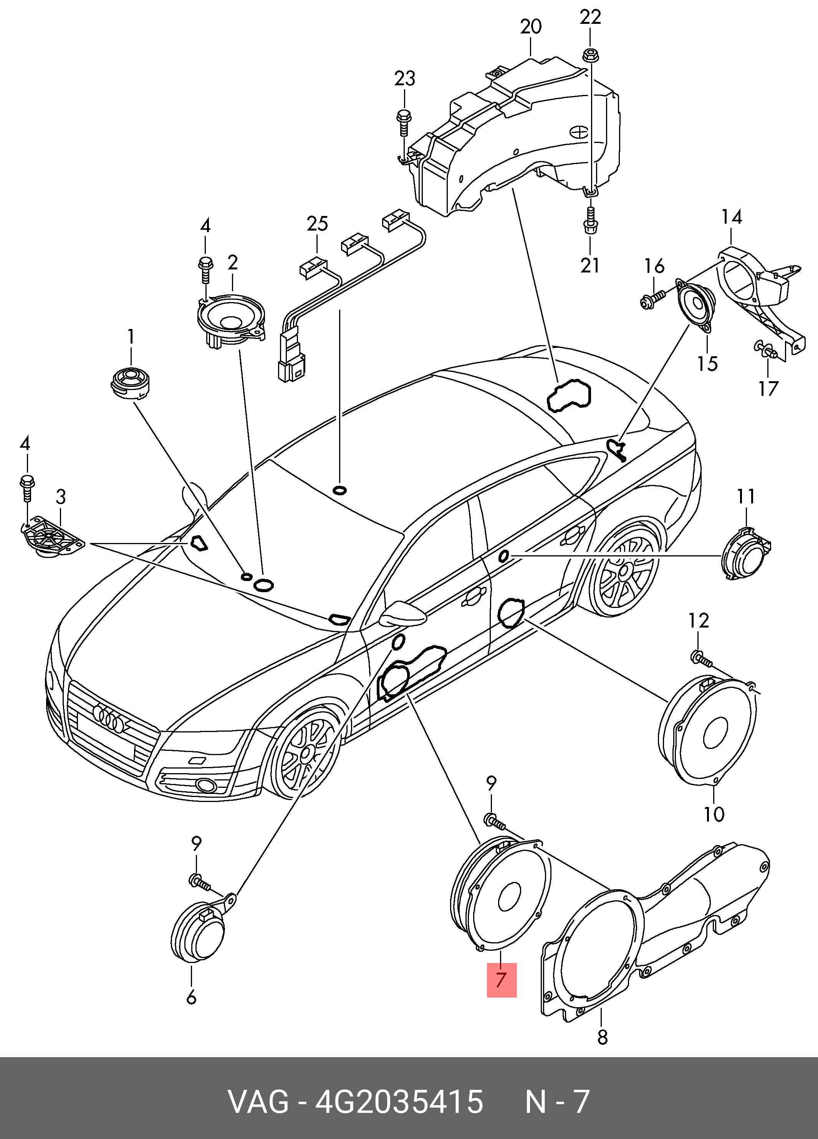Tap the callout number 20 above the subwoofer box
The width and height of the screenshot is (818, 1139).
[x=531, y=27]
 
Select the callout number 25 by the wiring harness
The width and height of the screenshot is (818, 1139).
[x=317, y=224]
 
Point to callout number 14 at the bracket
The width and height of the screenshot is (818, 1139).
[x=732, y=217]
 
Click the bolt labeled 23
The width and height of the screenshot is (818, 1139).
[x=403, y=122]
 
